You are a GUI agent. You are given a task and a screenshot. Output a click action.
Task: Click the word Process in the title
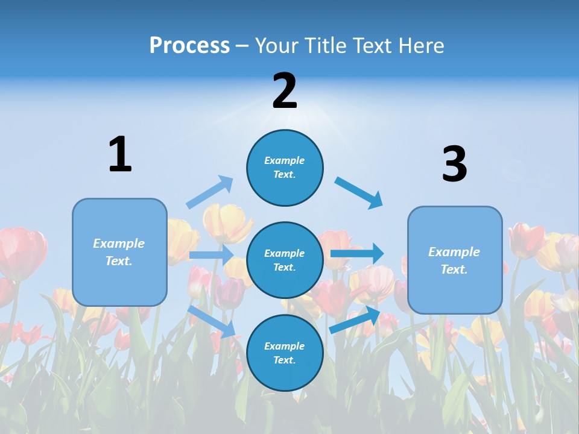coord(189,46)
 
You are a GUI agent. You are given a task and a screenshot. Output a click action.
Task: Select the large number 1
coord(120,154)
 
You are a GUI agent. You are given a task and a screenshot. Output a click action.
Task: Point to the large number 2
coord(285,91)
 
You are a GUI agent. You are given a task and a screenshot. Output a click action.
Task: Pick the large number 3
coord(454,165)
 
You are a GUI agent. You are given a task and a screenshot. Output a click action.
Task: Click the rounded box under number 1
coord(119,252)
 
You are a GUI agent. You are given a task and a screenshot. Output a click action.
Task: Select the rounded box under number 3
coord(455,260)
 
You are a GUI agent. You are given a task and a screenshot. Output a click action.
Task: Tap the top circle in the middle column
coord(285,168)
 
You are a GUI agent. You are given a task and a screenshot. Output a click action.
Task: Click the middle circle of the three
coord(285,260)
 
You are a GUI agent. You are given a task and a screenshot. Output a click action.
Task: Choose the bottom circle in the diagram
coord(285,353)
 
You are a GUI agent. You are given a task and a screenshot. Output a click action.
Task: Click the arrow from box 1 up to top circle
coord(210,192)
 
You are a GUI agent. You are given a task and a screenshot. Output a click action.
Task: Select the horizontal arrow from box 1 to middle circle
coord(211,255)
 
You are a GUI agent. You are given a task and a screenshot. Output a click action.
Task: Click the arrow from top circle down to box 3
coord(359,192)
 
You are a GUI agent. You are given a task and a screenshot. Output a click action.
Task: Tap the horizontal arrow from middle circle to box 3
coord(357,253)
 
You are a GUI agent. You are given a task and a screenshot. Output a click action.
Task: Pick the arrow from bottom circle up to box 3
coord(355,320)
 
